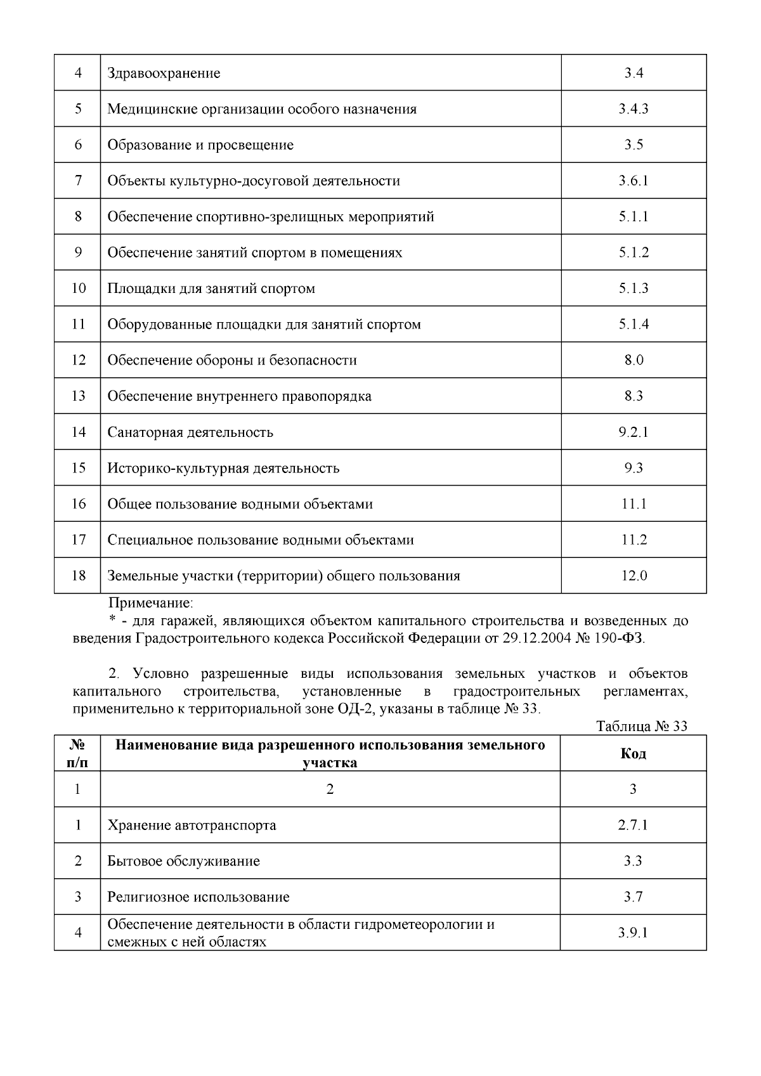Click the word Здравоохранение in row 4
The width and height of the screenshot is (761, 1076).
click(x=164, y=73)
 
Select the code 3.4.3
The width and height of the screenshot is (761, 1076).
click(x=633, y=108)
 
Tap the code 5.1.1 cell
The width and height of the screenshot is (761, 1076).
click(x=633, y=216)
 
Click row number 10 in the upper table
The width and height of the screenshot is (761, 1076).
click(x=78, y=288)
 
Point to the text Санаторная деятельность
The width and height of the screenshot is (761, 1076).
click(x=190, y=432)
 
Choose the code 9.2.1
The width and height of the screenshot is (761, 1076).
click(x=633, y=432)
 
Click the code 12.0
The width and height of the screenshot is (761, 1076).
click(x=633, y=576)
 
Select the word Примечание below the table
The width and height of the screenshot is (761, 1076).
click(x=151, y=602)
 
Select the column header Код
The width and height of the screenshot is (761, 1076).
click(x=633, y=753)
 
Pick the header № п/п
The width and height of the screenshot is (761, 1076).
click(x=77, y=753)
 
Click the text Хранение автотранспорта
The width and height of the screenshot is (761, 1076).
click(x=192, y=826)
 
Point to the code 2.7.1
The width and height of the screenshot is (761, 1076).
click(x=633, y=826)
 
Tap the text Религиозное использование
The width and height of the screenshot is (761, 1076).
click(x=198, y=897)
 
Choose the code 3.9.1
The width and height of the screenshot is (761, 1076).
click(x=633, y=933)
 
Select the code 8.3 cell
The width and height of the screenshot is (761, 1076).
click(x=633, y=396)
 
